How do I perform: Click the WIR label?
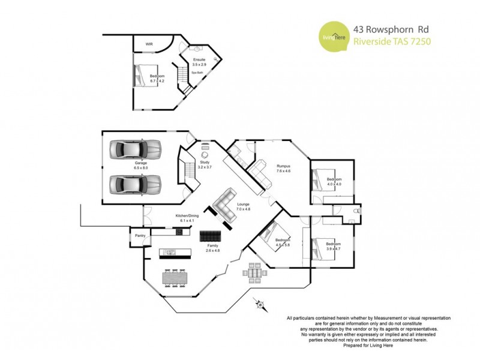(149, 44)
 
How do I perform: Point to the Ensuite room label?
(199, 59)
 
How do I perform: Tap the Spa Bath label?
(197, 73)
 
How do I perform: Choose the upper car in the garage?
(136, 148)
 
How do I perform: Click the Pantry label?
(140, 236)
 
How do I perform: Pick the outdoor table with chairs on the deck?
(255, 272)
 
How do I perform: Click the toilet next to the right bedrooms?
(358, 211)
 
